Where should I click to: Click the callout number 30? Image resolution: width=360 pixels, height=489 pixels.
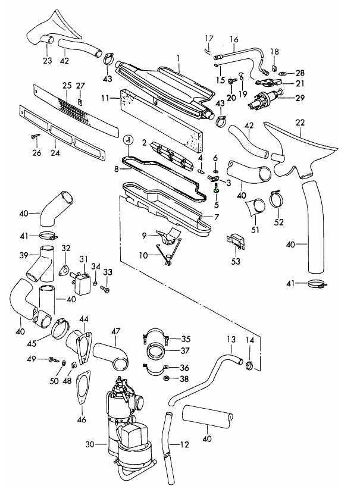click(x=90, y=444)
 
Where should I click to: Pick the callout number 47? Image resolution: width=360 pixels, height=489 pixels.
click(x=115, y=330)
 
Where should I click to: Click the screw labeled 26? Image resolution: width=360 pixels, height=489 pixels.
click(x=36, y=136)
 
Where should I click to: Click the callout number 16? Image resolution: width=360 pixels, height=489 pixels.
click(x=233, y=40)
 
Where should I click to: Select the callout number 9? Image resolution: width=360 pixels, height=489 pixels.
click(x=144, y=235)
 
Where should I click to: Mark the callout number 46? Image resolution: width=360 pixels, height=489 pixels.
click(x=82, y=419)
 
